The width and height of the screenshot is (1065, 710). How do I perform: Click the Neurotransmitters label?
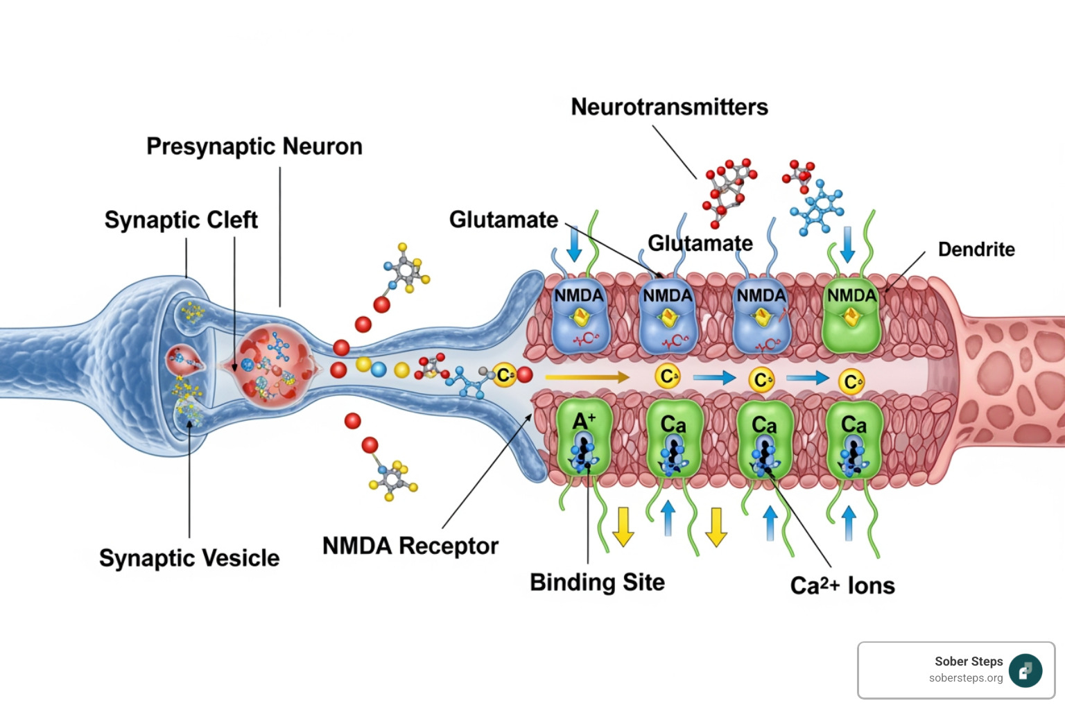point(669,107)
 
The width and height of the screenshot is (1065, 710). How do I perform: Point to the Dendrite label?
point(976,250)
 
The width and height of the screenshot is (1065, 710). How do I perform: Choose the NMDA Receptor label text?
point(410,546)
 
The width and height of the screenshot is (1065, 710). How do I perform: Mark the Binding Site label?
point(597,582)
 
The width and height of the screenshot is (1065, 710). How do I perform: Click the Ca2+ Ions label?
point(842,586)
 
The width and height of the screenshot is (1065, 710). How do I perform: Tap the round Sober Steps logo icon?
point(1025,670)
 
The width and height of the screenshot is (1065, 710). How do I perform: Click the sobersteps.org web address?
point(966,678)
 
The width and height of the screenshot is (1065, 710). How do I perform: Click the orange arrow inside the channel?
point(587,378)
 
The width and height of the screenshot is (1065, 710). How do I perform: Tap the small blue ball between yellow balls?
point(379,369)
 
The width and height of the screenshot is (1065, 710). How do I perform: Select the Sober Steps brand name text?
point(969,661)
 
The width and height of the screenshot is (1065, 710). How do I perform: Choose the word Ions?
point(871,586)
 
